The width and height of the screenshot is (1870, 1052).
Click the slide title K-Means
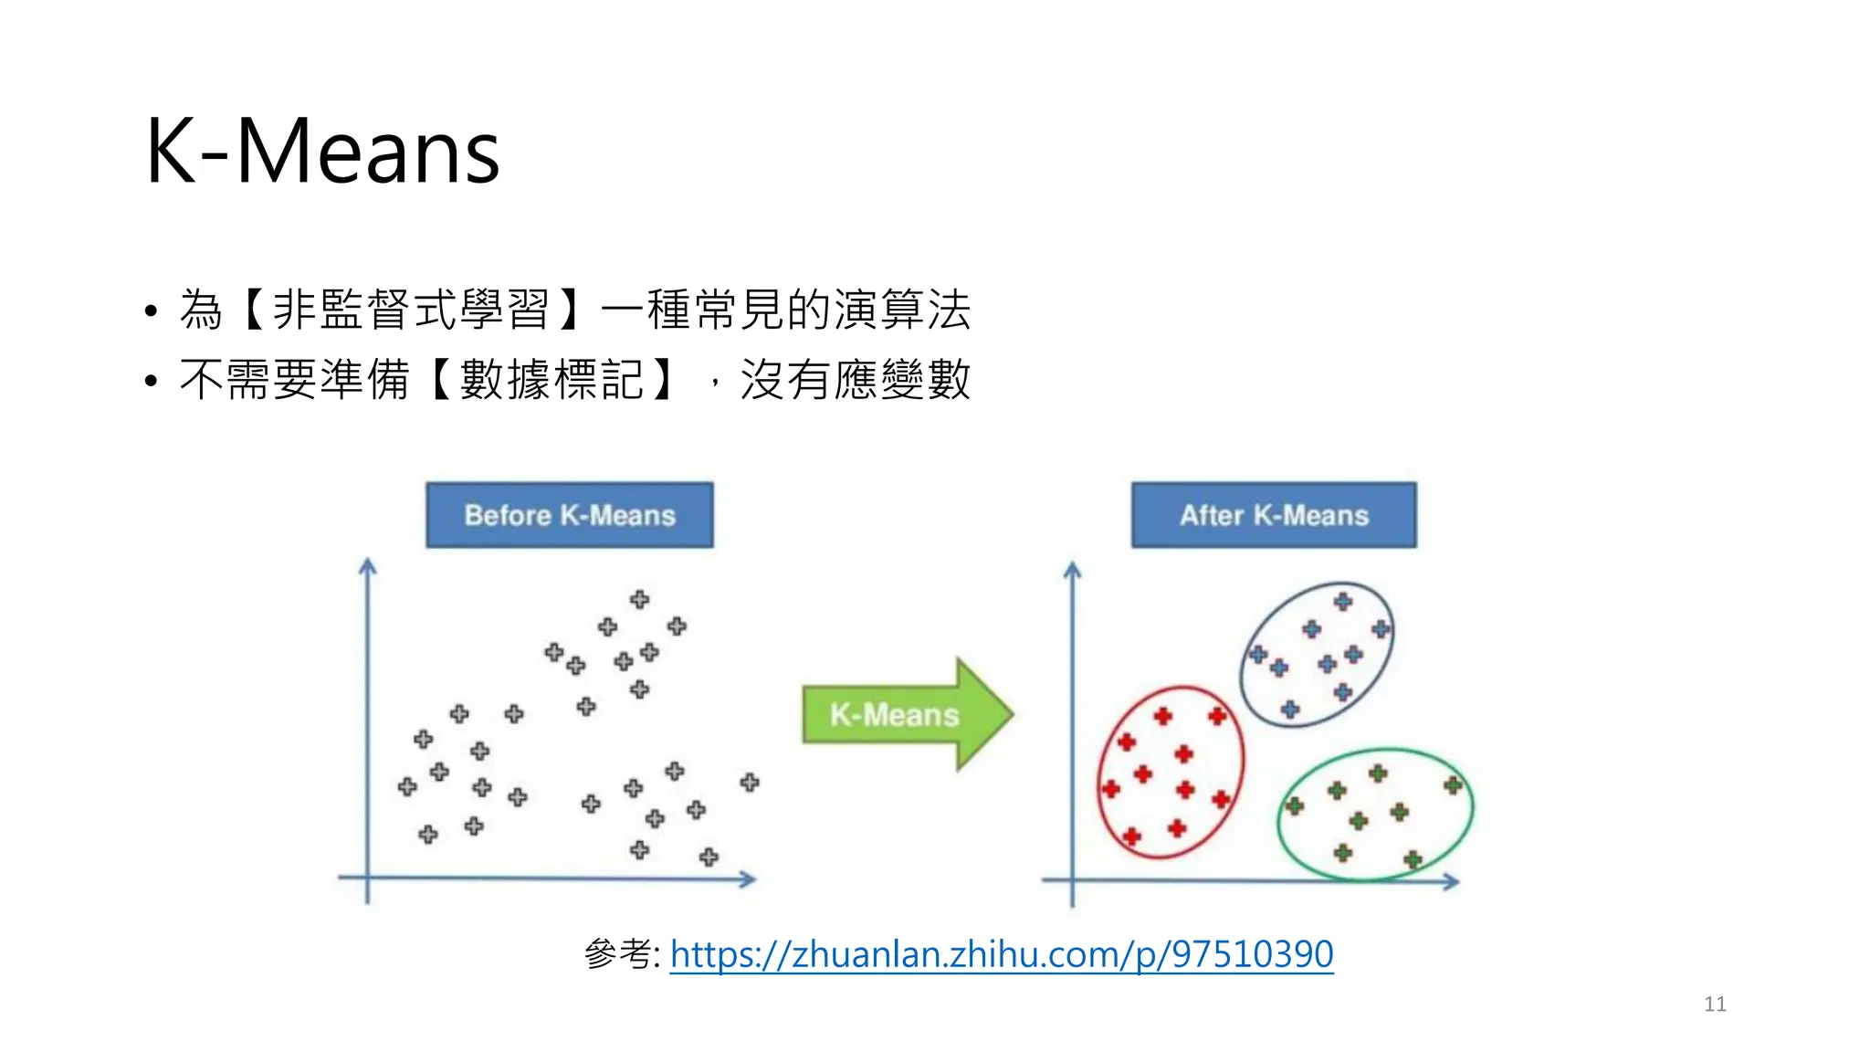[x=322, y=152]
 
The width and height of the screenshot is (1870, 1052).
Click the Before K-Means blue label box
[x=569, y=515]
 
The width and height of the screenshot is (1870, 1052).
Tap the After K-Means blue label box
[x=1274, y=515]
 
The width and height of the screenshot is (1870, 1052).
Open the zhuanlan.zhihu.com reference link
[x=1001, y=954]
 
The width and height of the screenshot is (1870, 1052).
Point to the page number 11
[x=1715, y=1005]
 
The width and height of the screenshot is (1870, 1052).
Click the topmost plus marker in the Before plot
[x=639, y=599]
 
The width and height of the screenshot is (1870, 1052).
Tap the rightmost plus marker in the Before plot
[x=750, y=782]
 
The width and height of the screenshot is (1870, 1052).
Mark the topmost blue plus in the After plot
[x=1342, y=601]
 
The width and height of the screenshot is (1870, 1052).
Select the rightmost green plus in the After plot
[x=1453, y=785]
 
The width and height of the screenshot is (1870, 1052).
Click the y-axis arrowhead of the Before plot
[x=368, y=566]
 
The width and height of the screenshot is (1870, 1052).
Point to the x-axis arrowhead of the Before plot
[x=749, y=879]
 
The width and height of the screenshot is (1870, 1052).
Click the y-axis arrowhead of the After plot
[x=1073, y=570]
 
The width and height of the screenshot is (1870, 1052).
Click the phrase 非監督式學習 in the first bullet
[x=411, y=310]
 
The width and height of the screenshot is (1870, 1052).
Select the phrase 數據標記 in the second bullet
[x=552, y=380]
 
